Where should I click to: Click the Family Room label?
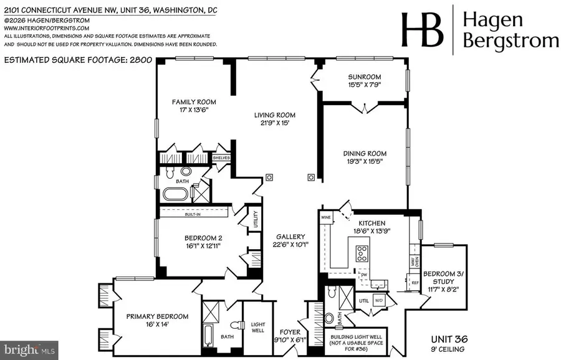[194, 102]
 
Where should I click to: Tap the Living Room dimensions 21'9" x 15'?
[274, 123]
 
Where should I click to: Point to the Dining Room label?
[365, 153]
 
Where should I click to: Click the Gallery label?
[291, 237]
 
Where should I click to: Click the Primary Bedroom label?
[148, 315]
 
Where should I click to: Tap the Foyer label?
[290, 332]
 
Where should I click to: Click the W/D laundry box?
[378, 301]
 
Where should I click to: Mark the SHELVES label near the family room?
[222, 158]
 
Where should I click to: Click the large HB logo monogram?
[422, 30]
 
